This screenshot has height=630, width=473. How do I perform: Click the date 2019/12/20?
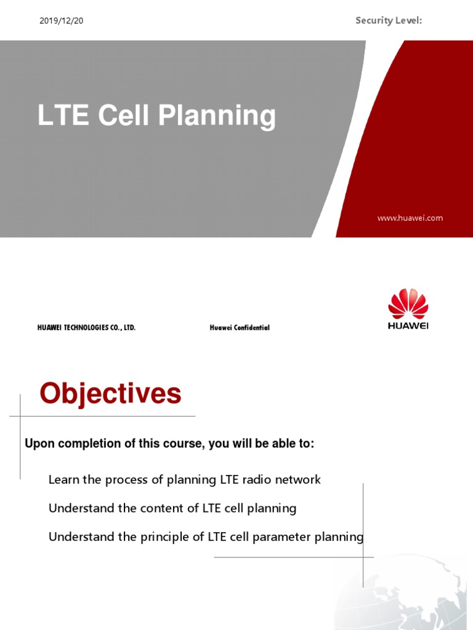61,21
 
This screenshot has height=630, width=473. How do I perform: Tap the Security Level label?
389,21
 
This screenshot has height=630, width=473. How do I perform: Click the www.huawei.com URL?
410,218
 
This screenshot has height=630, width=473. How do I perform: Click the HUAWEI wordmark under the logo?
408,326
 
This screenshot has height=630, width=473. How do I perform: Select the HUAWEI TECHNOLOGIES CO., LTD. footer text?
86,328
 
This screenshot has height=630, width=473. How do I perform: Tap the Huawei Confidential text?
240,328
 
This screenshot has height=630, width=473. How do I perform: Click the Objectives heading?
111,394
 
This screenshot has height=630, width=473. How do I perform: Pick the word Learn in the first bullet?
63,480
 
